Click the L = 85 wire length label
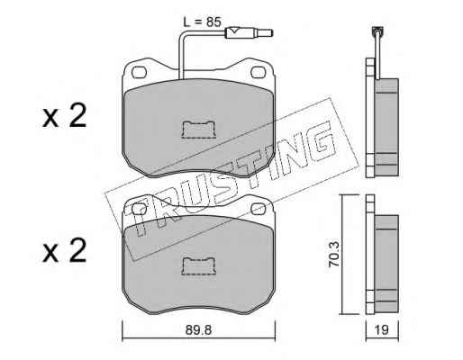pyautogui.click(x=202, y=22)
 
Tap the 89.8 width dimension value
pyautogui.click(x=198, y=330)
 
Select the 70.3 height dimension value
pyautogui.click(x=333, y=254)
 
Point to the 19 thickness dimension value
pyautogui.click(x=382, y=330)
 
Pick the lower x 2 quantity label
pyautogui.click(x=64, y=251)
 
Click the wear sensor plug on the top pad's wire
pyautogui.click(x=249, y=32)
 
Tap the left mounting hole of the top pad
pyautogui.click(x=140, y=72)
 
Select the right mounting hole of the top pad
pyautogui.click(x=258, y=72)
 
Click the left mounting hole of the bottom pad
pyautogui.click(x=140, y=209)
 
